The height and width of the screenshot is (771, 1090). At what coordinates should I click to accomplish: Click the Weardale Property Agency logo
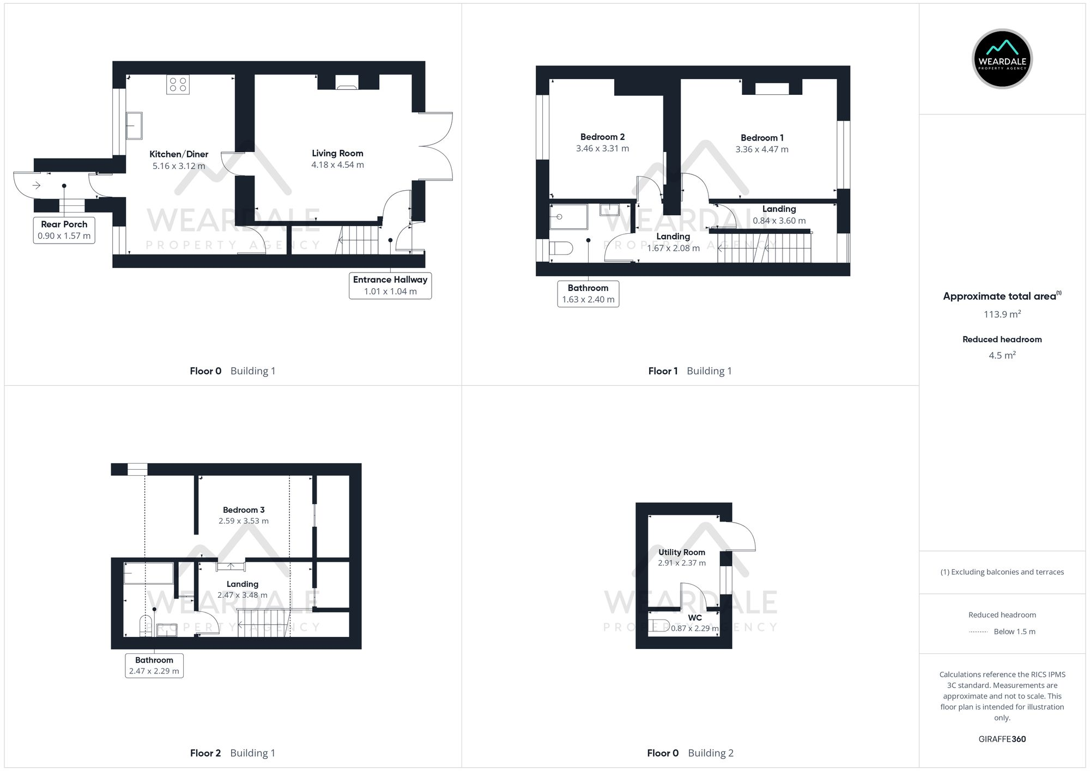(1002, 59)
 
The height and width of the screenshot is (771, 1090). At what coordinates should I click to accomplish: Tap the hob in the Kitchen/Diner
(178, 84)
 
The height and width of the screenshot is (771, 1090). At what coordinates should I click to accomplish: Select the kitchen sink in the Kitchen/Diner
(134, 126)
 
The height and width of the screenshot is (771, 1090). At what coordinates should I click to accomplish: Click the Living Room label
(337, 154)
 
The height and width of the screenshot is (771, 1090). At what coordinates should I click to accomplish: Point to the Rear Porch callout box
(64, 230)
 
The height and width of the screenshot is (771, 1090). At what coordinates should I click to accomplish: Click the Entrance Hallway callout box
(390, 286)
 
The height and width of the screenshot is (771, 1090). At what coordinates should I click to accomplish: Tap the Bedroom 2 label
(602, 137)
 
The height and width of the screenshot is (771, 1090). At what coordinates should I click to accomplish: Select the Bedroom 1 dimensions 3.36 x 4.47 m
(761, 149)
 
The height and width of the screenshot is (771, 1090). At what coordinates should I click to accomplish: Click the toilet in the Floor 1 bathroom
(561, 249)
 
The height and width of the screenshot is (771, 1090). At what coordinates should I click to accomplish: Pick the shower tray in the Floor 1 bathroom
(569, 217)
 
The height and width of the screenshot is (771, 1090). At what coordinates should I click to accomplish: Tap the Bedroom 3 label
(244, 510)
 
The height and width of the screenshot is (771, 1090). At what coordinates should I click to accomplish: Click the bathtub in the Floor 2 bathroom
(148, 573)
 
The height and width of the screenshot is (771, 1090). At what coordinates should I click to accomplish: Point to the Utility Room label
(681, 552)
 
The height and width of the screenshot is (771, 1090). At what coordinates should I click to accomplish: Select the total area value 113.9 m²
(1002, 314)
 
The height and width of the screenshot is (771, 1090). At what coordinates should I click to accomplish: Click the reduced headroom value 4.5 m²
(1002, 355)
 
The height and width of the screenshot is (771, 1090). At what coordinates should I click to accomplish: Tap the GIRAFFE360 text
(1002, 739)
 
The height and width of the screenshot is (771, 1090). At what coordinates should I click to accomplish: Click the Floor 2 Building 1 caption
(233, 753)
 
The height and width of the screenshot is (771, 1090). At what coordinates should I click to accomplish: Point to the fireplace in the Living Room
(347, 83)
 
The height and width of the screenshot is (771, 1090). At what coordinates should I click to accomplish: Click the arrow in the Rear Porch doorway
(37, 186)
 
